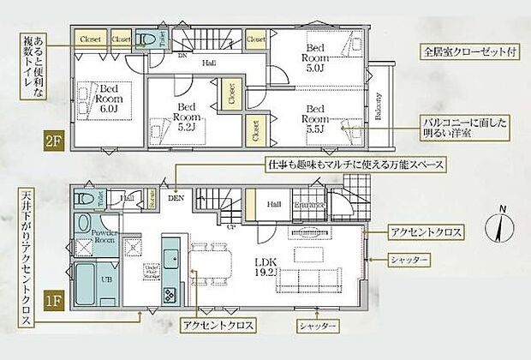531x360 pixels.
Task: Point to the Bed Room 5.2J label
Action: point(185,115)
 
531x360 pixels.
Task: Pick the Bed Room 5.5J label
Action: point(316,115)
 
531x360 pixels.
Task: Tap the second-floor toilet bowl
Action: point(147,39)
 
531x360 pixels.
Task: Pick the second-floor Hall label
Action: point(208,63)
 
